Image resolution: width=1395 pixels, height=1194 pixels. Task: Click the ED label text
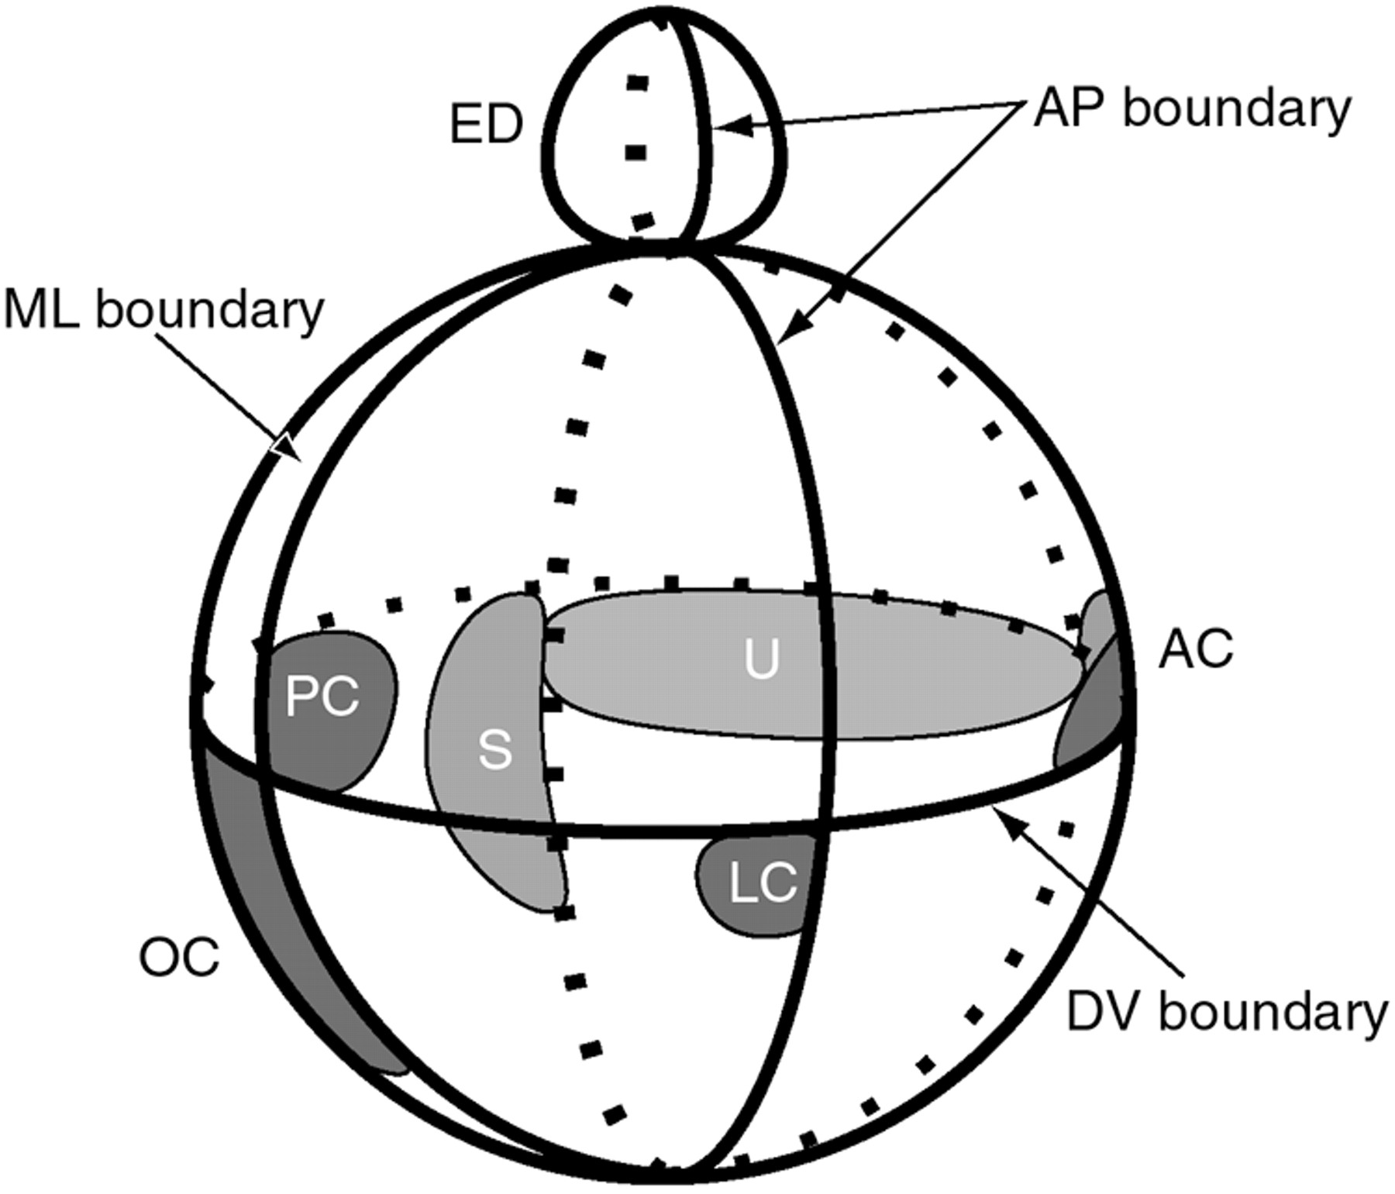[486, 125]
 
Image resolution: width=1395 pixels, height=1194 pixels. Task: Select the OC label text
[179, 958]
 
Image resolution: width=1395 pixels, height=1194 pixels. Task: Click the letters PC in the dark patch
[322, 696]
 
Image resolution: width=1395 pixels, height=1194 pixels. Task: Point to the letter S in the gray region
[495, 750]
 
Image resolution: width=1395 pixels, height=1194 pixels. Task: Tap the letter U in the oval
[761, 661]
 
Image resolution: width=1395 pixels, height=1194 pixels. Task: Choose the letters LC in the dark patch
[763, 883]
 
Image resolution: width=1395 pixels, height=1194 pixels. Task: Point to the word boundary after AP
[1237, 111]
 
